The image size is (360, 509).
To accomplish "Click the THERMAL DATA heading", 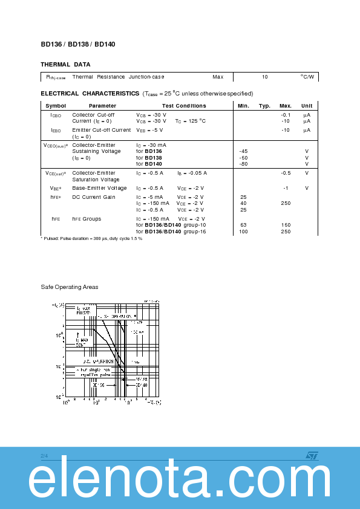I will click(65, 64).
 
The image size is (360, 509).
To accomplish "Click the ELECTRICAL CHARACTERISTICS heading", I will click(90, 94).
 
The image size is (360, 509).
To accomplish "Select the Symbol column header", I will click(56, 106).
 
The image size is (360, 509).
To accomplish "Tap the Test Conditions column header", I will click(184, 106).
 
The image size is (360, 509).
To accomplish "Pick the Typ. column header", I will click(264, 106).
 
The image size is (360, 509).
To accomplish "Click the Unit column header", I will click(307, 106).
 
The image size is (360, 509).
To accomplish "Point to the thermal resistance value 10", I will click(265, 77).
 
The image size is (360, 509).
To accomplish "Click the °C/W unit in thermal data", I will click(307, 77).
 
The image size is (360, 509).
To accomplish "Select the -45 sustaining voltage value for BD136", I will click(243, 151).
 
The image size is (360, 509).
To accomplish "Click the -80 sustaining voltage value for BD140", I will click(243, 164).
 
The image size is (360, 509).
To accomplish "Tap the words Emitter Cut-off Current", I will click(102, 130).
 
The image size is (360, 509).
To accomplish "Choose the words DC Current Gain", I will click(94, 197).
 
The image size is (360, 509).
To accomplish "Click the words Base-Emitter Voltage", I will click(100, 188).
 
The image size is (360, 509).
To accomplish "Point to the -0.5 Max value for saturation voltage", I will click(286, 173).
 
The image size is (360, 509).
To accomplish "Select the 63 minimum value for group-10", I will click(243, 225).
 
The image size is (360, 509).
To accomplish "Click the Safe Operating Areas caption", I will click(69, 287).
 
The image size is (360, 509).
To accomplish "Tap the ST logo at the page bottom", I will click(311, 455).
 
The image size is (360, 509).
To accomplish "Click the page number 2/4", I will click(44, 455).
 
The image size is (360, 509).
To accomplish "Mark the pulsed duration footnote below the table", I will click(91, 238).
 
